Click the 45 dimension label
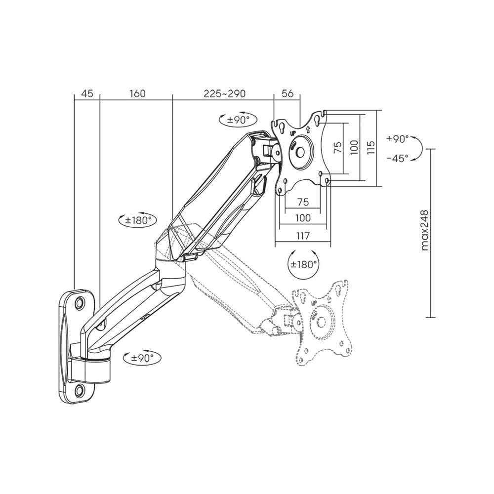(87, 93)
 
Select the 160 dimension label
(137, 93)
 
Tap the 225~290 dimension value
(224, 93)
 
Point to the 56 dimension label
(287, 93)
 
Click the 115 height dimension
(371, 147)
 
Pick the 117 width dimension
(303, 235)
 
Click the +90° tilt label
(398, 139)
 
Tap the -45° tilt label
(398, 158)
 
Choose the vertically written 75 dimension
(337, 147)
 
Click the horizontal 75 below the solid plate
(303, 202)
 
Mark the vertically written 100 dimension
(354, 147)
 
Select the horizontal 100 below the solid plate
(303, 218)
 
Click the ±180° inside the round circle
(303, 264)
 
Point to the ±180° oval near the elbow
(137, 220)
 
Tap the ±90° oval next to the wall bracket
(142, 358)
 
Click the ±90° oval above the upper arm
(238, 120)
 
